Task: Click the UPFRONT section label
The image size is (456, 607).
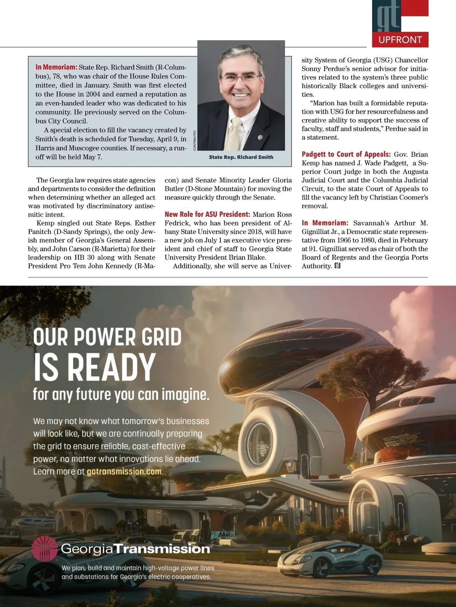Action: point(400,40)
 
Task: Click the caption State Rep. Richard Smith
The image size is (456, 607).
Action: point(241,157)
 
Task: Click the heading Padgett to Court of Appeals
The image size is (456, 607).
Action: point(346,154)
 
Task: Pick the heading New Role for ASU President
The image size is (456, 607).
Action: point(207,215)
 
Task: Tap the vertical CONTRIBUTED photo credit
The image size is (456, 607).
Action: point(195,140)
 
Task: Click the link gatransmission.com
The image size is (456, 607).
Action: point(124,472)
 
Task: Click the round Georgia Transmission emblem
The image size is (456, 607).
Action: point(44,549)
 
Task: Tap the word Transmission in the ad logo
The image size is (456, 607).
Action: point(162,549)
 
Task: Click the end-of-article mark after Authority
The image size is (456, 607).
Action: point(337,266)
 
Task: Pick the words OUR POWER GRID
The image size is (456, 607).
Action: point(108,337)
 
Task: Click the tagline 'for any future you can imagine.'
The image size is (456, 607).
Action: point(121,394)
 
